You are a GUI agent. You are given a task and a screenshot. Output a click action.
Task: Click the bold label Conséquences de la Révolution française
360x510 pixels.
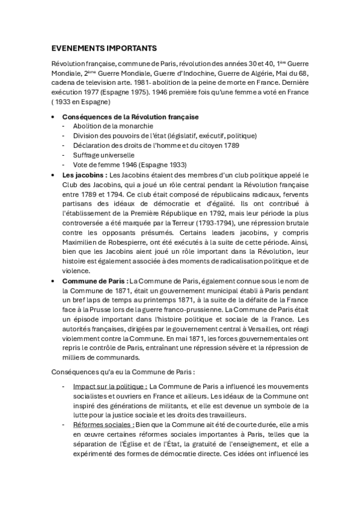pos(130,116)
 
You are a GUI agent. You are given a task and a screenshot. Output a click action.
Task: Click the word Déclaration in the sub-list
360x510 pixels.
pos(91,145)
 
